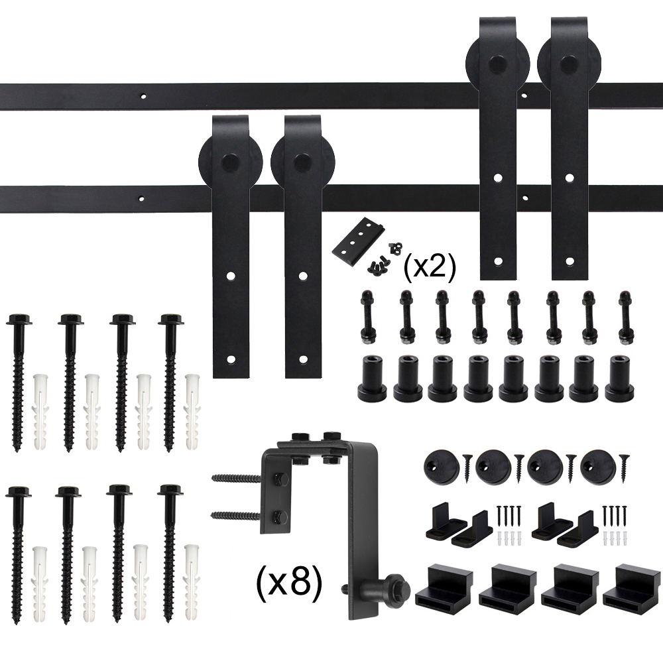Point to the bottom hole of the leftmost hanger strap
(x=231, y=360)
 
